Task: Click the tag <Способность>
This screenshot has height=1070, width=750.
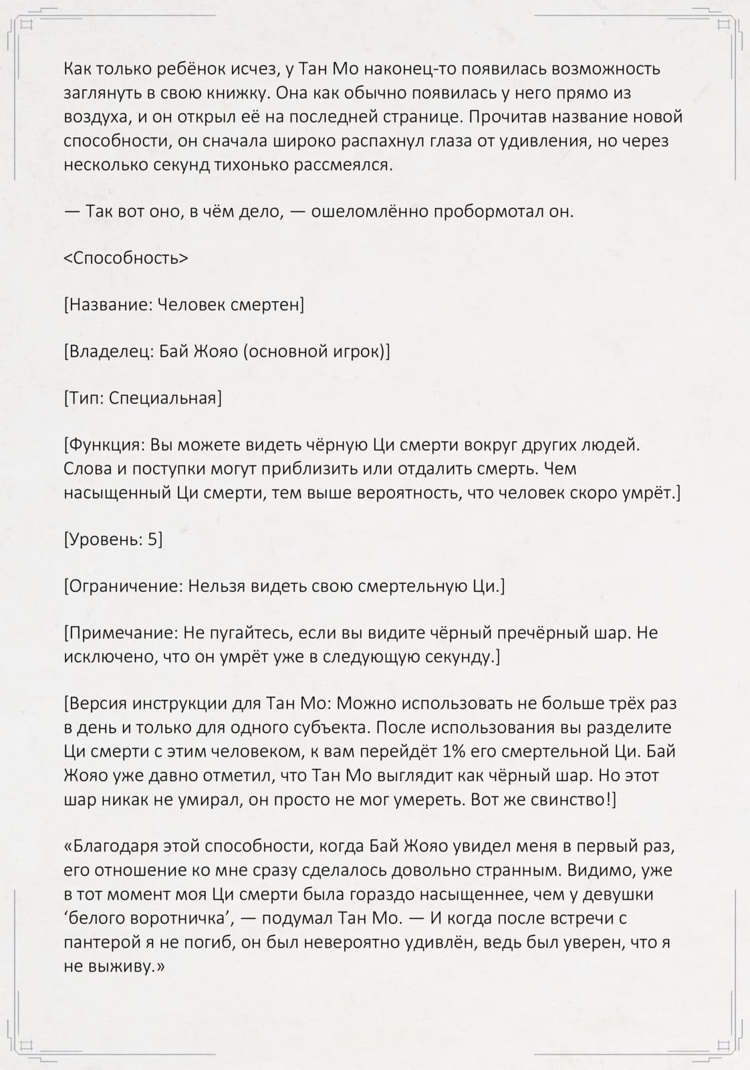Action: pos(126,259)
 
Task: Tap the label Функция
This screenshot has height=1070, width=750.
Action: pos(106,446)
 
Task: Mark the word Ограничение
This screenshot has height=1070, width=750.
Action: pos(125,586)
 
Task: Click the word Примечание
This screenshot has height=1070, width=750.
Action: pos(121,633)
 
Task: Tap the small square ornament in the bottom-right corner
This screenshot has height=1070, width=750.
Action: pos(723,1045)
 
